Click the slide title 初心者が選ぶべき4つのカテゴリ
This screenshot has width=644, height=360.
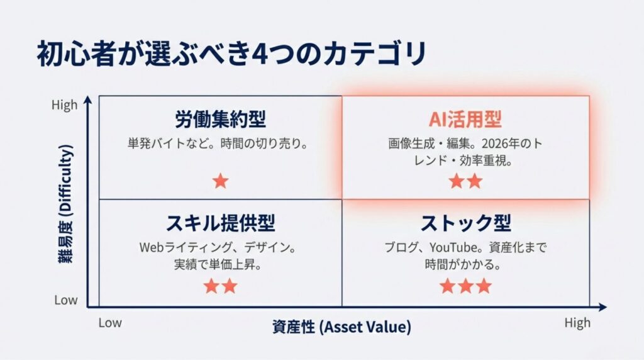tap(231, 53)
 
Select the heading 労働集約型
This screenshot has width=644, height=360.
tap(220, 119)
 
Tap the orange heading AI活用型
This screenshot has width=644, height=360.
tap(465, 119)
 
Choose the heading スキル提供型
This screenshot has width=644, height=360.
tap(220, 223)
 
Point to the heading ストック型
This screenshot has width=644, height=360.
tap(466, 223)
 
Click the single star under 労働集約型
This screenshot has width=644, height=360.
tap(221, 181)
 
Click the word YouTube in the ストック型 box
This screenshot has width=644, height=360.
tap(453, 247)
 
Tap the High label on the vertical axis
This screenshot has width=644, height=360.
tap(65, 105)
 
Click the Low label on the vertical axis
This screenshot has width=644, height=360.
tap(65, 300)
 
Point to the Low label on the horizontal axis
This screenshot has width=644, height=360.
tap(110, 323)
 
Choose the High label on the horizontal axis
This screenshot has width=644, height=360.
tap(577, 323)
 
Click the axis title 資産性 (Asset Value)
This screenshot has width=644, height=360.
tap(341, 327)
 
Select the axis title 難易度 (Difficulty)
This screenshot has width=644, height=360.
tap(65, 204)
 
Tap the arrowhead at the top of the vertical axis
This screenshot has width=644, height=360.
tap(88, 100)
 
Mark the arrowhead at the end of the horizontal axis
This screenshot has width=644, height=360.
tap(602, 307)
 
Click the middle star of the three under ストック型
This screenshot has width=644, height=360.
tap(466, 286)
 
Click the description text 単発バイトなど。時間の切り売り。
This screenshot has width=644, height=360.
tap(218, 143)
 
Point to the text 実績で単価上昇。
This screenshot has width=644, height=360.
tap(218, 264)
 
